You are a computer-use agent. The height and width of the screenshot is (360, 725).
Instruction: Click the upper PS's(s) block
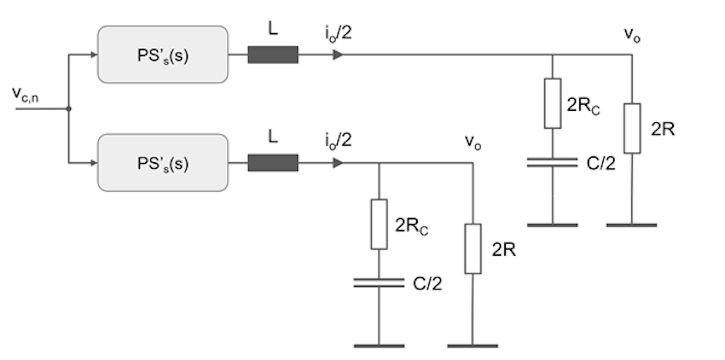162,55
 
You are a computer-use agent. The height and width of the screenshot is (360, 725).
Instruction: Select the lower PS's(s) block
162,163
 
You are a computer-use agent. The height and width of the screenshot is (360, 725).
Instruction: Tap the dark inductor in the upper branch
273,55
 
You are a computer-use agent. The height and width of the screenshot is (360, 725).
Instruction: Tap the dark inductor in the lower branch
273,163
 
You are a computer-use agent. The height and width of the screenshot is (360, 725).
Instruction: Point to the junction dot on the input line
69,109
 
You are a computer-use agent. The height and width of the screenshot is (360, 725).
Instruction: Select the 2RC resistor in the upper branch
552,103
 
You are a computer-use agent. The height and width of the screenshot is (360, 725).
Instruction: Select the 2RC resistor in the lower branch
379,224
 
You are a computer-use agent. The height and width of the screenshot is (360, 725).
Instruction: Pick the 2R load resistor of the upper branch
632,128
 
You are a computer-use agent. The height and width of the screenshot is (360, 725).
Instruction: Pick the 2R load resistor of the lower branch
473,249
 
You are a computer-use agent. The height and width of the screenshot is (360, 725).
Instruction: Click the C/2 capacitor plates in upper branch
552,162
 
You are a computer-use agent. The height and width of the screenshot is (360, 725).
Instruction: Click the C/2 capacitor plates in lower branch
379,283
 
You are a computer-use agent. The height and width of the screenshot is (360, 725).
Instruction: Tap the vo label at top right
632,35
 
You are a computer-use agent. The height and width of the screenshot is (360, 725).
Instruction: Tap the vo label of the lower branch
473,142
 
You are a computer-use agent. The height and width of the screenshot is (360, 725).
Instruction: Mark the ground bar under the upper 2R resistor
632,225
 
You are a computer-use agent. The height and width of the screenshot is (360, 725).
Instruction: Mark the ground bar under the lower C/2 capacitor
379,346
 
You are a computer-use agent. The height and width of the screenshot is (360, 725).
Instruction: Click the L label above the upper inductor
273,30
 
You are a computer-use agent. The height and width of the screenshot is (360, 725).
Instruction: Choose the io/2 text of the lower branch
338,141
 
